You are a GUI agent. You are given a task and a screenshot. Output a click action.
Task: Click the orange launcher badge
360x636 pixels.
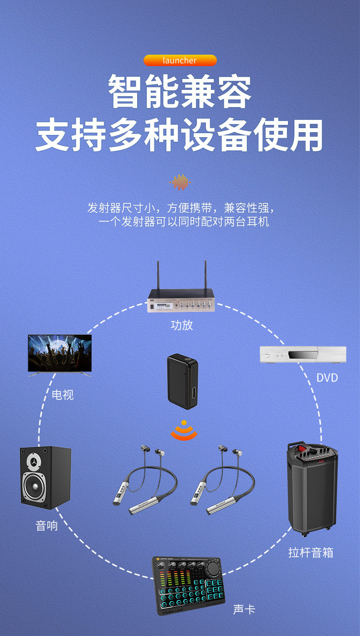pos(180,61)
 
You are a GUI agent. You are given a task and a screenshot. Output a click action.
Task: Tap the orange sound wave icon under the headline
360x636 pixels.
pos(180,182)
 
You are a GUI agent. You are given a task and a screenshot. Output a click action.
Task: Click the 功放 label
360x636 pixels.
pos(181,325)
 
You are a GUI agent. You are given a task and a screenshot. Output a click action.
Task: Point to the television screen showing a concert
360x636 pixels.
pos(60,353)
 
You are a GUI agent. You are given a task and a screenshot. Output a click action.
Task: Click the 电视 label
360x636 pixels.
pos(62,394)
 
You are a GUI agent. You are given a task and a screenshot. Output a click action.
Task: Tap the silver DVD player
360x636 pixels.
pos(303,354)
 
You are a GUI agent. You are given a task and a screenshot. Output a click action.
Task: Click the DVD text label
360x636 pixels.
pos(327,377)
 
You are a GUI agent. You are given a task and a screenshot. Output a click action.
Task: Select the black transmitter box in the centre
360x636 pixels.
pos(182,378)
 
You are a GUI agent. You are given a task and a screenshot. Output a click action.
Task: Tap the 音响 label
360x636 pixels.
pos(46,526)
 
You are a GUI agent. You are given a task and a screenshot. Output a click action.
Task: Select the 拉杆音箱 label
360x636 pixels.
pos(311,553)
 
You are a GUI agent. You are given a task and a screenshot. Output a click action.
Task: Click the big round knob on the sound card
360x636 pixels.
pos(212,569)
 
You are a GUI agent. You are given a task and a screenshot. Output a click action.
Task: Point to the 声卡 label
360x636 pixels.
pos(244,610)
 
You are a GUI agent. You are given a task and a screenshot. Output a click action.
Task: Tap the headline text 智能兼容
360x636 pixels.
pos(180,93)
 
